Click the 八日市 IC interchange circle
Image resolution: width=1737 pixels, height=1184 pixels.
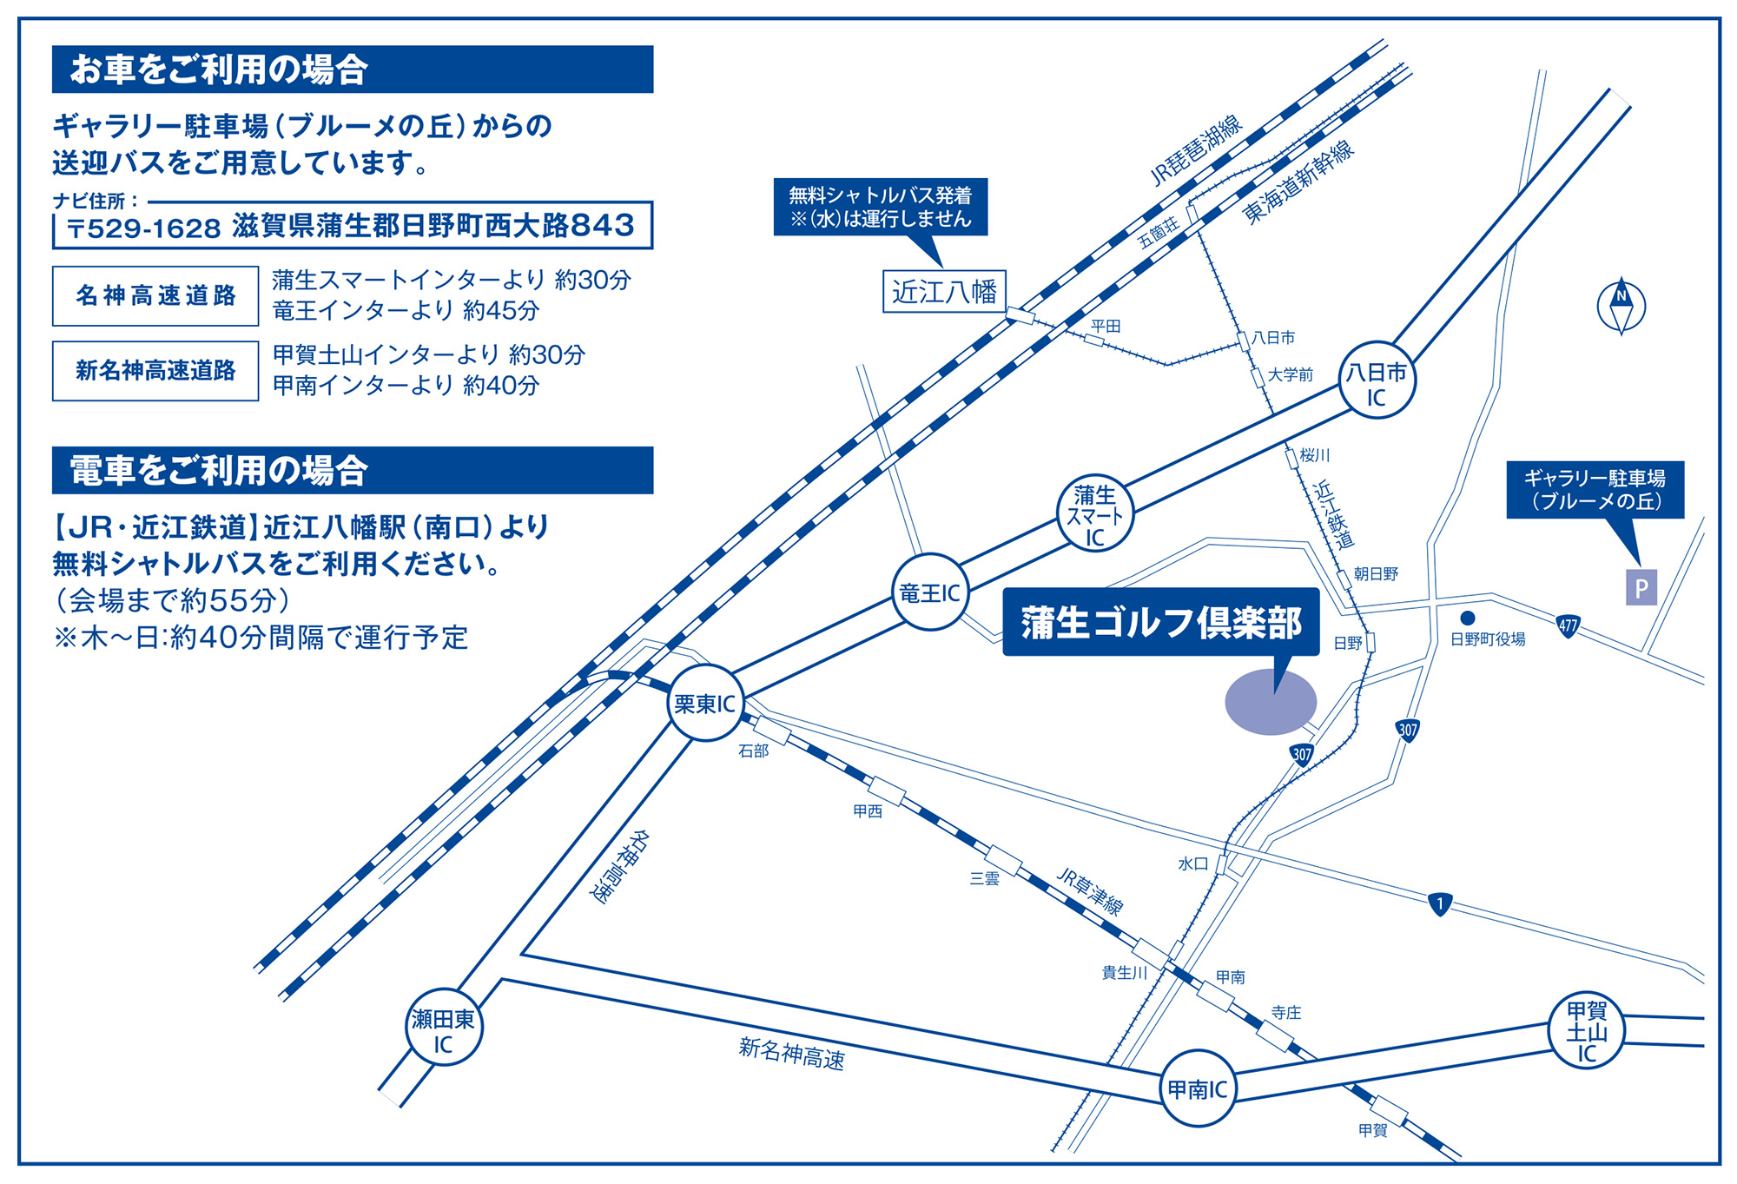click(x=1377, y=380)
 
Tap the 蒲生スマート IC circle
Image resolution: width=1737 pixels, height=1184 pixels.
click(x=1094, y=513)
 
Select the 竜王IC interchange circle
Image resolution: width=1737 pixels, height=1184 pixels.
click(x=929, y=592)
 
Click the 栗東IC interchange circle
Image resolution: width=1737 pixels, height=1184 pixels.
click(x=705, y=703)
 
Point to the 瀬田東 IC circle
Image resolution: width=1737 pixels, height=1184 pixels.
click(x=444, y=1028)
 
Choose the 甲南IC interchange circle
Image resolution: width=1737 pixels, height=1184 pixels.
click(x=1197, y=1088)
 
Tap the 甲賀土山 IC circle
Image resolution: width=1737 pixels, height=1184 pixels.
click(x=1586, y=1030)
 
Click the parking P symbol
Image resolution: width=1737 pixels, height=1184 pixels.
click(x=1641, y=588)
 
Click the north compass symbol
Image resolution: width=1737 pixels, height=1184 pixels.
click(x=1621, y=305)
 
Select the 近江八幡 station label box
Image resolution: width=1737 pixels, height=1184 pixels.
click(x=944, y=291)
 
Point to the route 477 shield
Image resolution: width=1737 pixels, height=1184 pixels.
click(x=1568, y=625)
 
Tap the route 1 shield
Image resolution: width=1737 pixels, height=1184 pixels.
click(x=1439, y=904)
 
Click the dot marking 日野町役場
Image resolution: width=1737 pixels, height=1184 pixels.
click(x=1468, y=618)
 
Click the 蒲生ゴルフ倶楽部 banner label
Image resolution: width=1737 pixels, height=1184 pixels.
click(x=1160, y=622)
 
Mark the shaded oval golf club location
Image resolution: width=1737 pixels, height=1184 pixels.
click(x=1270, y=702)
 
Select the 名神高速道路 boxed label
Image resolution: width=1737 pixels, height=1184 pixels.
click(x=155, y=296)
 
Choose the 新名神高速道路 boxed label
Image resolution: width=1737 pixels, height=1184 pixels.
click(x=155, y=371)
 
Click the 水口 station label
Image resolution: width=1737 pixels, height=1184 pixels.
click(x=1192, y=863)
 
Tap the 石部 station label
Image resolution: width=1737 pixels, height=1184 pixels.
click(x=753, y=751)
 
